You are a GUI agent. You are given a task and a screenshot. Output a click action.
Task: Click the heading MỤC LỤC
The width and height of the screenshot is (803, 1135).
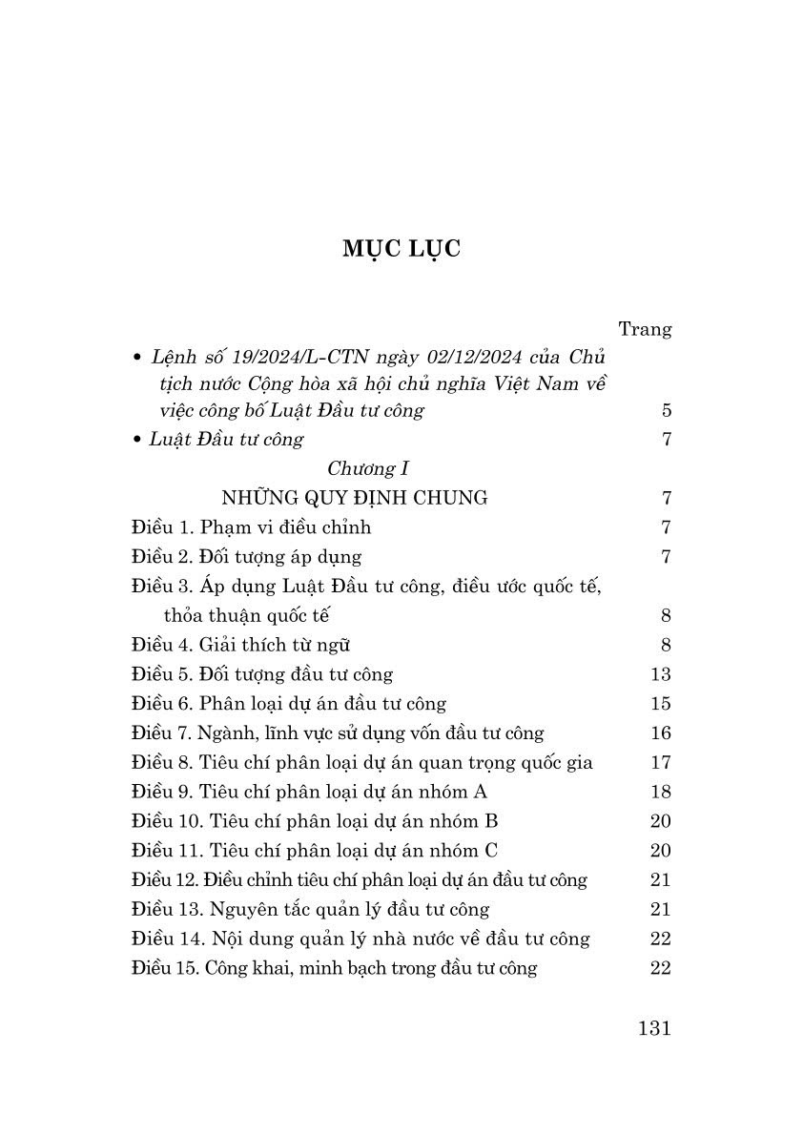[x=401, y=249]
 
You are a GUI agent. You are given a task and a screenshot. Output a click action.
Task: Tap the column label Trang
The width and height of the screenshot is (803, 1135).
[x=645, y=329]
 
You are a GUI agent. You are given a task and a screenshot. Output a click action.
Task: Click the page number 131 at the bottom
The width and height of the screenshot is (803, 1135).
[x=652, y=1028]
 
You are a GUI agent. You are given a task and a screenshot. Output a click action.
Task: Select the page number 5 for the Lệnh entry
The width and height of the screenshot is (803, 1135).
[x=666, y=411]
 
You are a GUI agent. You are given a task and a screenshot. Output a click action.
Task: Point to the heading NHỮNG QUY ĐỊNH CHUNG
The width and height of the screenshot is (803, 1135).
[x=354, y=498]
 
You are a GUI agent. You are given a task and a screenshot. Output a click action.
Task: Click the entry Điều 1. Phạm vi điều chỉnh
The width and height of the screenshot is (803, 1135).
[x=251, y=527]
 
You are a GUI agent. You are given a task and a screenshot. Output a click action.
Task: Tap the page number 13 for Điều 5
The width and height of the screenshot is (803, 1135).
[x=660, y=674]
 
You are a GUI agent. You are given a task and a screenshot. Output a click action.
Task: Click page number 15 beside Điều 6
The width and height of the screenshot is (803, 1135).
[x=660, y=704]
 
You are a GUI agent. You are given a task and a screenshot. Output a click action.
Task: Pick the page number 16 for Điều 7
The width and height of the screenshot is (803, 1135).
[x=660, y=733]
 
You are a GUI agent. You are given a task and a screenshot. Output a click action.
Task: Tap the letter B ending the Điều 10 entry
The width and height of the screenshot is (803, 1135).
[x=492, y=821]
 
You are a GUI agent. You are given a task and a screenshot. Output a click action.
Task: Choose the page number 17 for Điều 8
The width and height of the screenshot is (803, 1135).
[x=660, y=763]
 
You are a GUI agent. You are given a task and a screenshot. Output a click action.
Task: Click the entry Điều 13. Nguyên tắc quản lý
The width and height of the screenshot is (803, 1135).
[x=310, y=910]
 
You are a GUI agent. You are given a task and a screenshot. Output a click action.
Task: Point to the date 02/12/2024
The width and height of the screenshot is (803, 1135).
[x=457, y=358]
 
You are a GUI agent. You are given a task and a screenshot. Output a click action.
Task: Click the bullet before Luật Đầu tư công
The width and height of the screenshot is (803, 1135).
[x=138, y=441]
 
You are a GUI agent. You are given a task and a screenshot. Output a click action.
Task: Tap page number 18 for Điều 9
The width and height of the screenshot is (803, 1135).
[x=660, y=792]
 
